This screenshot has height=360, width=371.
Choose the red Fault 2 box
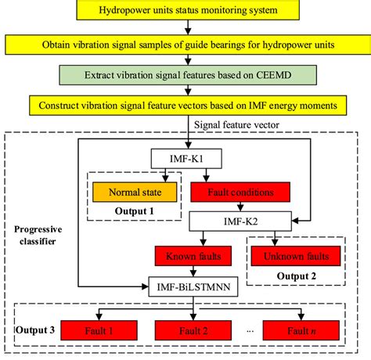192,330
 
